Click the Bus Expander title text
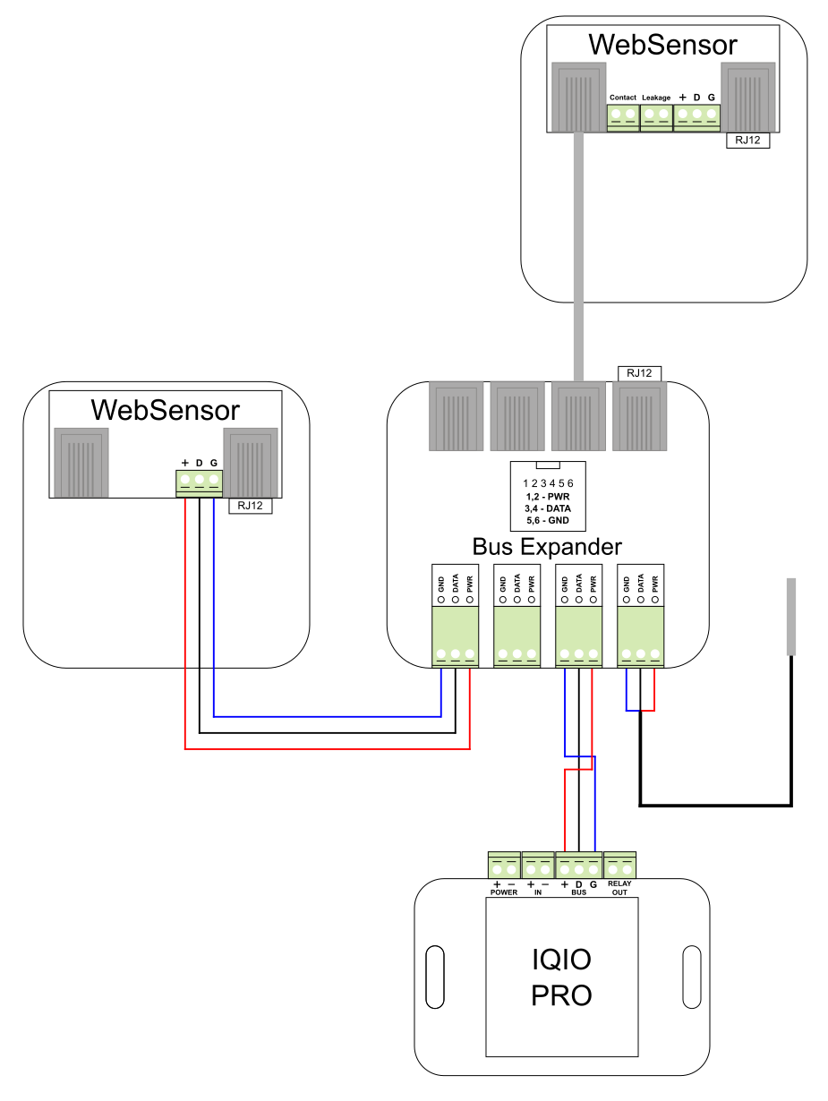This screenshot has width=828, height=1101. click(547, 546)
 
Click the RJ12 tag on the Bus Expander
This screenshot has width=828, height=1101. click(640, 372)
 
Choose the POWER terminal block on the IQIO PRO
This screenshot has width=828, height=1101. click(504, 866)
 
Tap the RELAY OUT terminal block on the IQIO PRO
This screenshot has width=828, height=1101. click(620, 866)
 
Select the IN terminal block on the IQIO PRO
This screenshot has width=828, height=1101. click(538, 866)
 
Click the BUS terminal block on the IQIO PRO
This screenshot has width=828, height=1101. click(579, 866)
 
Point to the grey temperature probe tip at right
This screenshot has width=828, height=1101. click(790, 617)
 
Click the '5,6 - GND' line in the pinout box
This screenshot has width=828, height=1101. click(547, 520)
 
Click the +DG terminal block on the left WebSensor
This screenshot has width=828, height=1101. click(199, 483)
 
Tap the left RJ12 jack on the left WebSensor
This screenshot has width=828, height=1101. click(81, 462)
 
